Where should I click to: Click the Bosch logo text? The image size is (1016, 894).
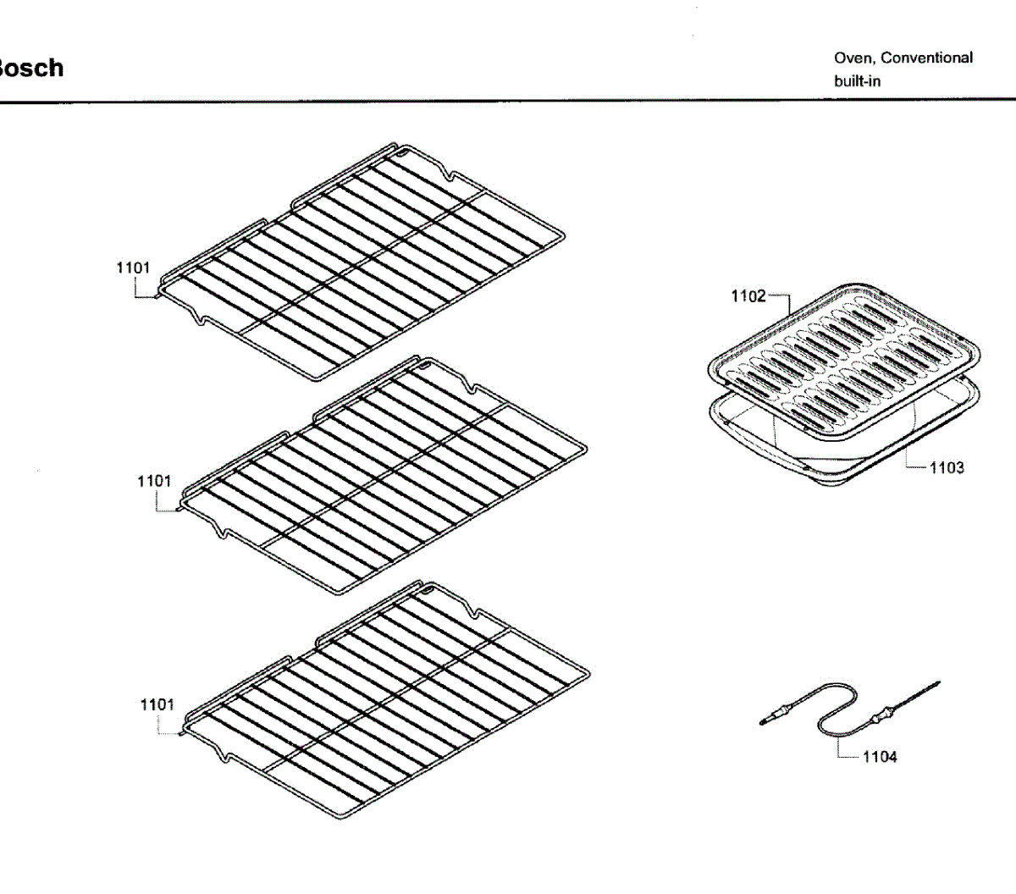pyautogui.click(x=30, y=68)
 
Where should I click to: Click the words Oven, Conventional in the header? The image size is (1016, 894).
pyautogui.click(x=903, y=58)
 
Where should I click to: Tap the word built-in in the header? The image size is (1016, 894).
pyautogui.click(x=857, y=81)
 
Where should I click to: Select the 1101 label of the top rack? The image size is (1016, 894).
pyautogui.click(x=133, y=268)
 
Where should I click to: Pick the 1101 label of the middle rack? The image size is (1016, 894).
pyautogui.click(x=154, y=481)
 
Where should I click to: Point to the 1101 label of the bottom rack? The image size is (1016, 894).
pyautogui.click(x=157, y=704)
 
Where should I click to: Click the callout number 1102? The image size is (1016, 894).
pyautogui.click(x=748, y=295)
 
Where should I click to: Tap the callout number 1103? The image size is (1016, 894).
pyautogui.click(x=947, y=467)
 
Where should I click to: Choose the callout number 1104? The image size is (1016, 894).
pyautogui.click(x=880, y=757)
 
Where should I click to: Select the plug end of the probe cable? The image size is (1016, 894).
pyautogui.click(x=769, y=720)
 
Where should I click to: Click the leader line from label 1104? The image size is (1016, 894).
pyautogui.click(x=841, y=750)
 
